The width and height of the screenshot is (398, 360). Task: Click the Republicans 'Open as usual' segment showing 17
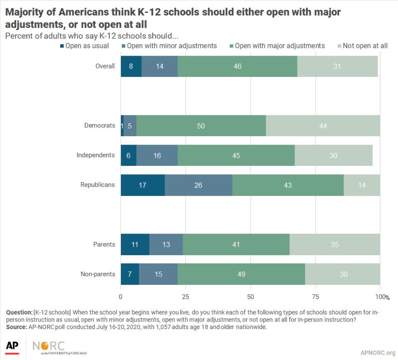(x=143, y=185)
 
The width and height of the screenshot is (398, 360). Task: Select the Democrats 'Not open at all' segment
(x=323, y=126)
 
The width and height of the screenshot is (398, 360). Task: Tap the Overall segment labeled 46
(x=237, y=66)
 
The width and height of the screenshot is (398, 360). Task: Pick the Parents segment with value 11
(x=135, y=245)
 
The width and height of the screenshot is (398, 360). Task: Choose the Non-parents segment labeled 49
(x=241, y=274)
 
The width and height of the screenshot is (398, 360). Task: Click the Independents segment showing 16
(x=157, y=155)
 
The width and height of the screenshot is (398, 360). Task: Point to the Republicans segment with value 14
(x=362, y=185)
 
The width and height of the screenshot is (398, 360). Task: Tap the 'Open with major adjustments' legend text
(x=279, y=46)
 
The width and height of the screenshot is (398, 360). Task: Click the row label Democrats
(x=100, y=126)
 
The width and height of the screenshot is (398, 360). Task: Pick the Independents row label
(x=96, y=155)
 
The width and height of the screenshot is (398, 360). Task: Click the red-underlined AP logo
(x=12, y=347)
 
